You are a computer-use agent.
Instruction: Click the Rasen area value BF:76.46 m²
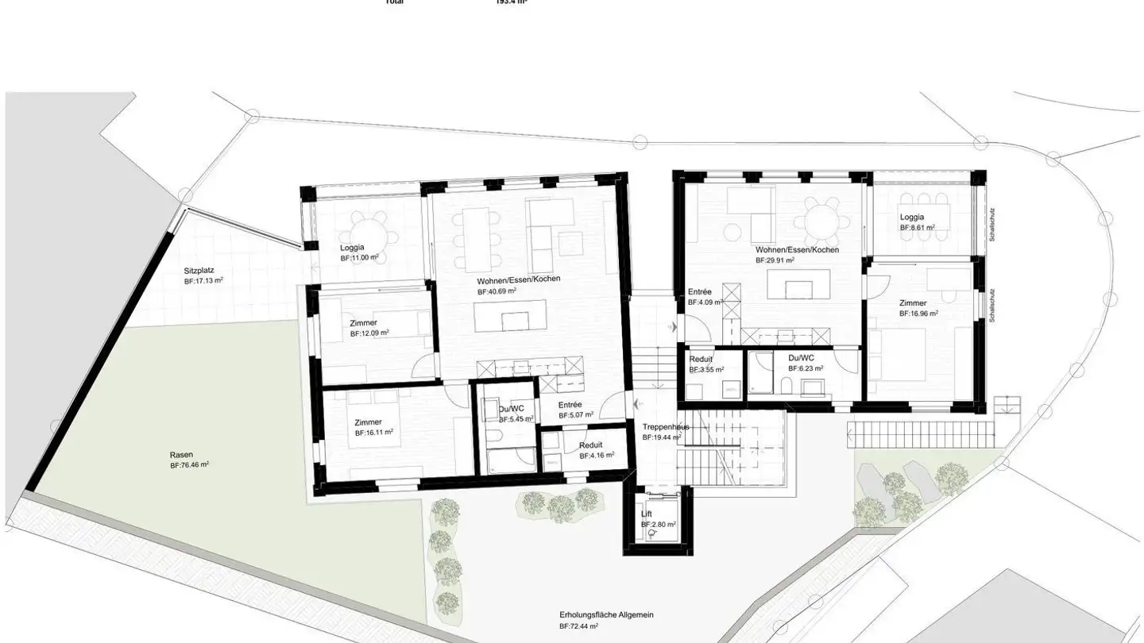click(x=189, y=465)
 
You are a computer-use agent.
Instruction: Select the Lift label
click(x=647, y=514)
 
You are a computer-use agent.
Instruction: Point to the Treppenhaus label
click(x=666, y=427)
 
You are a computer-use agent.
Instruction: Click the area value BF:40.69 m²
click(x=497, y=291)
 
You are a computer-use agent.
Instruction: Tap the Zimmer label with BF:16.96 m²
click(x=913, y=303)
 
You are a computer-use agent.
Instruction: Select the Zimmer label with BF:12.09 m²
click(x=363, y=323)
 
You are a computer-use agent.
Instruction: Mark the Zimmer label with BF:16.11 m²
click(x=368, y=422)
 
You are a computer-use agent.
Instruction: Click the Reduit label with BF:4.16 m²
click(x=590, y=445)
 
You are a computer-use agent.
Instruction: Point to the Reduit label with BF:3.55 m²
click(x=700, y=359)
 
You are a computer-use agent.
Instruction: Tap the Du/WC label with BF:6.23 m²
click(x=801, y=357)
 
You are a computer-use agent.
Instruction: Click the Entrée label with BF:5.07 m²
click(x=570, y=404)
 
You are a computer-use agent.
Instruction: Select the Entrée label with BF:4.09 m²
click(x=699, y=291)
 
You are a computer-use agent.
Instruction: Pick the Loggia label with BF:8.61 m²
click(x=911, y=217)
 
